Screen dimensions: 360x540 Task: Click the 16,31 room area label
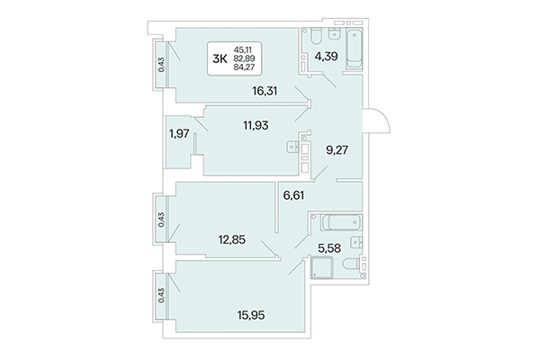point(267,91)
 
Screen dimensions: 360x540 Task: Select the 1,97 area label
point(179,134)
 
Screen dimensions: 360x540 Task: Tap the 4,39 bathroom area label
point(325,62)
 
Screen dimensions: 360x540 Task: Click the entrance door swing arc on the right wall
point(376,121)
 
